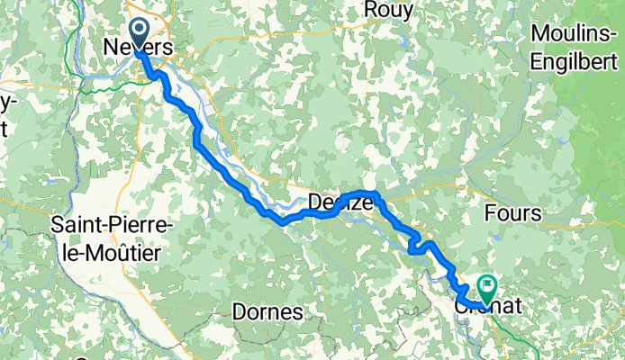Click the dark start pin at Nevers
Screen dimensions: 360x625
coord(140,33)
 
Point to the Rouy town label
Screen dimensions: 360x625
coord(389,10)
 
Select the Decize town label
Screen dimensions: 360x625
coord(340,203)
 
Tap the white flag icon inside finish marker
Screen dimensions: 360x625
coord(488,285)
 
